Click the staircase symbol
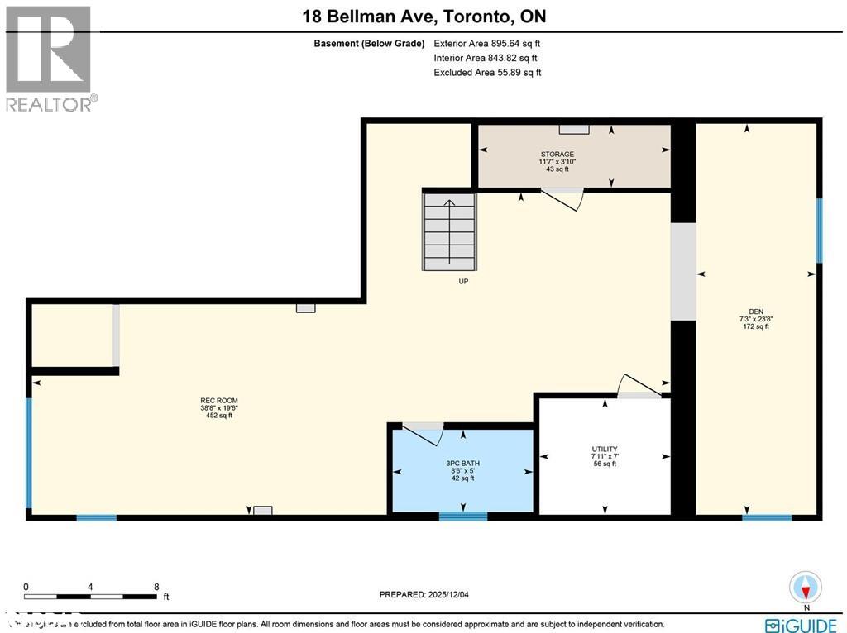tap(450, 231)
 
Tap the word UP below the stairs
tap(463, 281)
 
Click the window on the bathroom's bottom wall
tap(462, 516)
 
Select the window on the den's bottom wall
tap(767, 517)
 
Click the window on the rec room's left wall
tap(29, 454)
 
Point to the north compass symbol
tap(806, 588)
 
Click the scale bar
tap(91, 595)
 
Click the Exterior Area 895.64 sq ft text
tap(487, 43)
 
